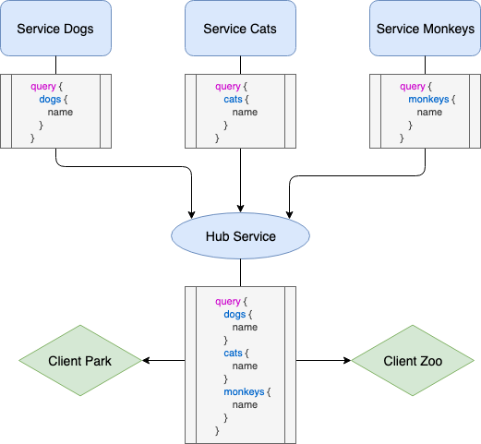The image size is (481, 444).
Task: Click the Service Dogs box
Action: coord(55,28)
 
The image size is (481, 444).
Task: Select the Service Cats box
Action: coord(240,28)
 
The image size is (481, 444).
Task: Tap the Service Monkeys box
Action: coord(425,28)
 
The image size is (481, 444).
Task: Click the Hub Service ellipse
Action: coord(240,236)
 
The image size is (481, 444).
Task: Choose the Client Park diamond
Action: coord(79,361)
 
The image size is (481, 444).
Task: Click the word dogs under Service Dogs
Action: coord(50,100)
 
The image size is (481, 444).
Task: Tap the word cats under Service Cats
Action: coord(234,100)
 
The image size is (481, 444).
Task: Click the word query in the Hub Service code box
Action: coord(227,301)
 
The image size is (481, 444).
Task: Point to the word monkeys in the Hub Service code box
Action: coord(243,391)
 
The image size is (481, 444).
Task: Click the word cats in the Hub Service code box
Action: coord(234,353)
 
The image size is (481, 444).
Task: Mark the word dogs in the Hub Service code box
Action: coord(234,314)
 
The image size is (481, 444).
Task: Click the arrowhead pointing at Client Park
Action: coord(147,361)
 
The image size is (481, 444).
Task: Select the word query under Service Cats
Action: coord(227,87)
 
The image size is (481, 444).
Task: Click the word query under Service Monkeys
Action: coord(412,87)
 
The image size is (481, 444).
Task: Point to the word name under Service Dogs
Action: coord(60,113)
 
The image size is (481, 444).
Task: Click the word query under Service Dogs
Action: coord(42,87)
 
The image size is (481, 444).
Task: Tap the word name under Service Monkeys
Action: coord(429,113)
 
